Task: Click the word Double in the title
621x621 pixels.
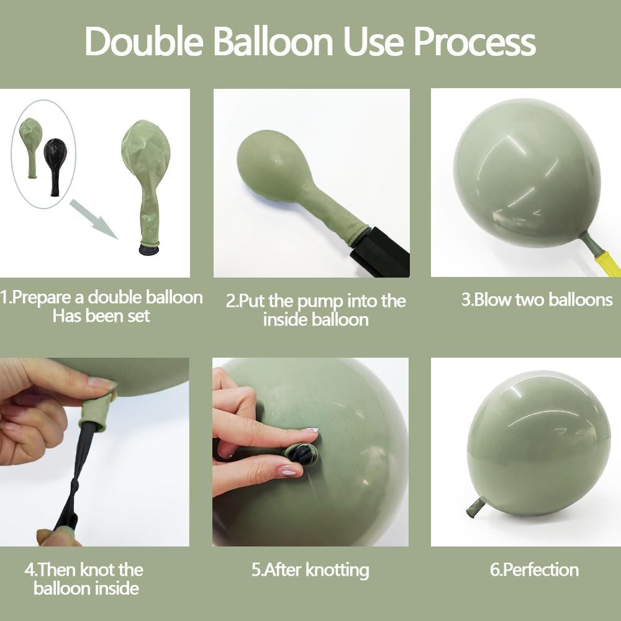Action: coord(144,42)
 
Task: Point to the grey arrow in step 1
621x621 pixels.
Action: coord(94,219)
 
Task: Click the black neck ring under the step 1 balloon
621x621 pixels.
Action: coord(149,250)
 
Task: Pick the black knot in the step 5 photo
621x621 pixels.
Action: coord(301,454)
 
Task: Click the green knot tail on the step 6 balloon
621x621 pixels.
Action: coord(476,507)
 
